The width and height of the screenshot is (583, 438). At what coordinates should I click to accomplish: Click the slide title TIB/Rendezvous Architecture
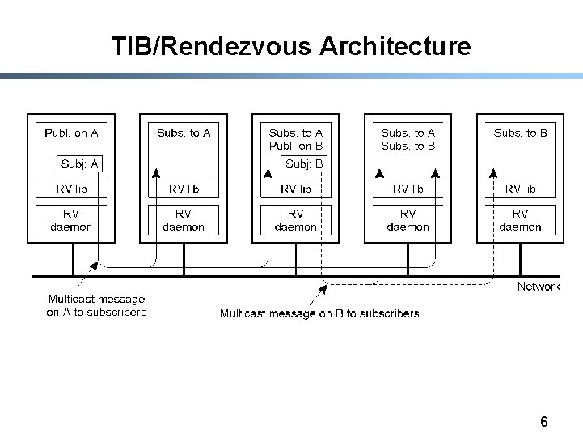coord(291,46)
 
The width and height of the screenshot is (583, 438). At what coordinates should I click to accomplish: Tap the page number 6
coord(543,421)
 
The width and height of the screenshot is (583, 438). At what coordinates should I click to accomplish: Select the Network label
coord(539,286)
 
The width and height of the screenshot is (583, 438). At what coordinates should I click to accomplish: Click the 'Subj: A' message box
coord(79,164)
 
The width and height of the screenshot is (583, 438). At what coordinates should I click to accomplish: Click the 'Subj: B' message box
coord(304,164)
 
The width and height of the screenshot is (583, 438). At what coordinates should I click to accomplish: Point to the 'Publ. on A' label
coord(71,133)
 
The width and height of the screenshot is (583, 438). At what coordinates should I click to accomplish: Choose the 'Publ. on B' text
coord(296,146)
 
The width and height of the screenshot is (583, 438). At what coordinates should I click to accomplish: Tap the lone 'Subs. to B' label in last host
coord(521,133)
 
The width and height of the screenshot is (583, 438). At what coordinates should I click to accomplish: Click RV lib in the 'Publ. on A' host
coord(71,189)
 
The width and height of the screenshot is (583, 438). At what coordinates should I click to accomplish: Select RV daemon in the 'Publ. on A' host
coord(71,220)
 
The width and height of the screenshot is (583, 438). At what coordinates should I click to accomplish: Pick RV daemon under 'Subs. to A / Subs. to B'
coord(408,220)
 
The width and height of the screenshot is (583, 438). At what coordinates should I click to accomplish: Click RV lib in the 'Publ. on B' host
coord(296,189)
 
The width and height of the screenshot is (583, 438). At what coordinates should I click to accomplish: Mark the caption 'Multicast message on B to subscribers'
coord(319,313)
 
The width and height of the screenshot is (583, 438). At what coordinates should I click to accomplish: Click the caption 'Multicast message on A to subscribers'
coord(96,305)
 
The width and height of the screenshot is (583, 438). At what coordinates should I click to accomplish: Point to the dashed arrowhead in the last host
coord(493,173)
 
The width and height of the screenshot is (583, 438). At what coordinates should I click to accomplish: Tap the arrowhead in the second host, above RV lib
coord(156,173)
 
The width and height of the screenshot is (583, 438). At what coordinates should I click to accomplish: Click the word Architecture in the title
coord(395,46)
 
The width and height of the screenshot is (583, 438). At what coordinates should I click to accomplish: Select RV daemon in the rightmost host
coord(520,220)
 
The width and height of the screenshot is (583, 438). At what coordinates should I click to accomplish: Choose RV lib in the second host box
coord(184,189)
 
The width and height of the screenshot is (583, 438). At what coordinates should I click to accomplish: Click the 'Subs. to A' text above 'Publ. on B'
coord(296,133)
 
